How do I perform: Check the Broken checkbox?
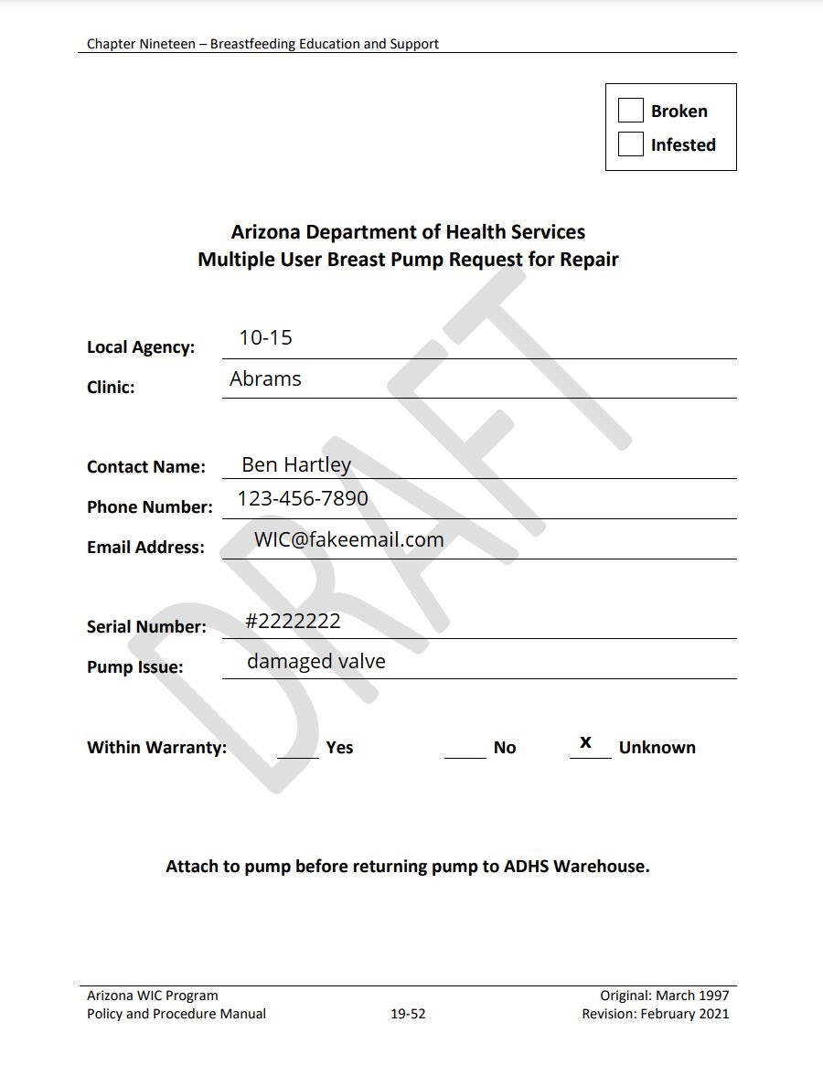click(x=631, y=111)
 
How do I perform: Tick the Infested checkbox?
click(x=631, y=144)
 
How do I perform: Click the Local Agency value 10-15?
click(x=265, y=338)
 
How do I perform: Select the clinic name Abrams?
click(x=265, y=379)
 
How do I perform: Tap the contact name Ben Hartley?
click(x=296, y=464)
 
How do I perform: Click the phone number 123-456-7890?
click(x=303, y=498)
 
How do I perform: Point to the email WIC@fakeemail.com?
click(x=349, y=539)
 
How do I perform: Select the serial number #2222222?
click(x=293, y=622)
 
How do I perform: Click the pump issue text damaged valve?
click(x=316, y=662)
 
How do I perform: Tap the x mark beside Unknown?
click(x=586, y=742)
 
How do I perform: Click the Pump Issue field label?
click(x=134, y=667)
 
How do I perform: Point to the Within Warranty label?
click(x=156, y=748)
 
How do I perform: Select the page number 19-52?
click(x=408, y=1014)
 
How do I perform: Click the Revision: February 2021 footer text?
click(x=656, y=1014)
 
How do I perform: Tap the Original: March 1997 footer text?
click(x=665, y=996)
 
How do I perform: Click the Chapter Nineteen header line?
click(x=262, y=44)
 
